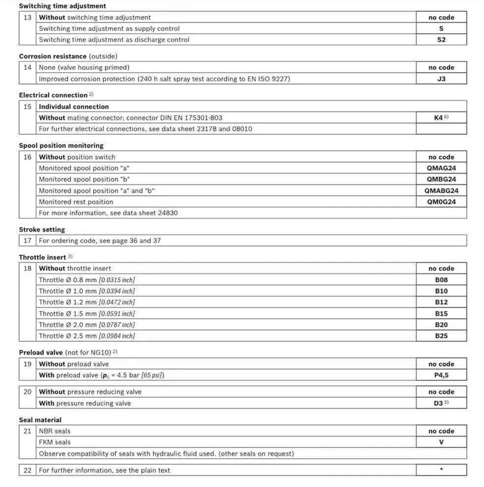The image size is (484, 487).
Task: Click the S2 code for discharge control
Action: [x=441, y=40]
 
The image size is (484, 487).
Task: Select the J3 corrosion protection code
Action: [x=441, y=79]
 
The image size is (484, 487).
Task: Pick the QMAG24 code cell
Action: [x=441, y=168]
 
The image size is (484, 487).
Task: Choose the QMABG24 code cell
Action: [x=441, y=190]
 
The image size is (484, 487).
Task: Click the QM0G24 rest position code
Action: [x=441, y=202]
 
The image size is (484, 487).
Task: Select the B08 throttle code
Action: [x=441, y=280]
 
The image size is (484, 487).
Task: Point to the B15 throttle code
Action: [x=441, y=314]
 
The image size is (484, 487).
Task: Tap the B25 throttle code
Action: [x=441, y=336]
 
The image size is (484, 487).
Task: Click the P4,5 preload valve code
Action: [x=441, y=376]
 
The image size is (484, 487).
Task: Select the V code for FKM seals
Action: [x=441, y=442]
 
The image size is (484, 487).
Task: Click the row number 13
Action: [x=28, y=18]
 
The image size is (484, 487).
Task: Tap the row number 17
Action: [x=28, y=241]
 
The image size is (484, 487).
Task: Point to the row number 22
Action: [x=28, y=470]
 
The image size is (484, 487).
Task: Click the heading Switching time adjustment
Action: [x=62, y=6]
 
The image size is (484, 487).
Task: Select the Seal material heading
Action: [x=40, y=420]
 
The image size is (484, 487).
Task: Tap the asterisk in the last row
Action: [x=441, y=470]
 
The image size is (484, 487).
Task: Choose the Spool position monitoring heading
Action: [x=61, y=146]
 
